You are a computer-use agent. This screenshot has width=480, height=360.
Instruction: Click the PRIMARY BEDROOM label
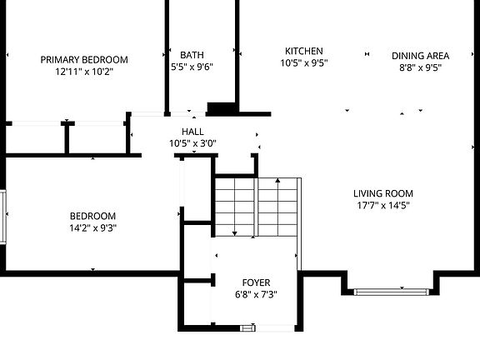click(84, 59)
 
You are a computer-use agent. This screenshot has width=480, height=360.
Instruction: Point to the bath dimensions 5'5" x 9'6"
click(192, 67)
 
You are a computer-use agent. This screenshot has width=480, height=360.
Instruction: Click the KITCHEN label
click(303, 51)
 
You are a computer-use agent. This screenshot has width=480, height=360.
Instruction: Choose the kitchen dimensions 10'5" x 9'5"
click(303, 62)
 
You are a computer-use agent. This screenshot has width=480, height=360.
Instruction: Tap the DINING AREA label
click(420, 56)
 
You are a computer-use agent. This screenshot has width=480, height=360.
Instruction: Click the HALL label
click(192, 132)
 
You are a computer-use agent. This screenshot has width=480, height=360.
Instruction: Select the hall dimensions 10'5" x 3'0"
click(192, 143)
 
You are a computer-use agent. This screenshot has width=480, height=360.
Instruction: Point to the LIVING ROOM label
click(383, 193)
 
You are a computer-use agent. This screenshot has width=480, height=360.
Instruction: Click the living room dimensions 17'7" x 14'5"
click(382, 205)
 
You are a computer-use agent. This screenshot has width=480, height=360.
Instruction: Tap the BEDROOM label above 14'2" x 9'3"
click(92, 216)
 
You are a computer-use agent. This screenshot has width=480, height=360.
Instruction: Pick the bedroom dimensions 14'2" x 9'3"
click(92, 227)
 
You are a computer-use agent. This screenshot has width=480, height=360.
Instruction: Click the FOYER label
click(256, 282)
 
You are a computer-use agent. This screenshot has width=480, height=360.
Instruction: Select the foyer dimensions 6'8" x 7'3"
click(255, 294)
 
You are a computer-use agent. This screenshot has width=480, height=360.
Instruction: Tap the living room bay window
click(389, 291)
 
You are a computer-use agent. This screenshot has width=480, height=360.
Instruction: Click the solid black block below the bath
click(222, 108)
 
